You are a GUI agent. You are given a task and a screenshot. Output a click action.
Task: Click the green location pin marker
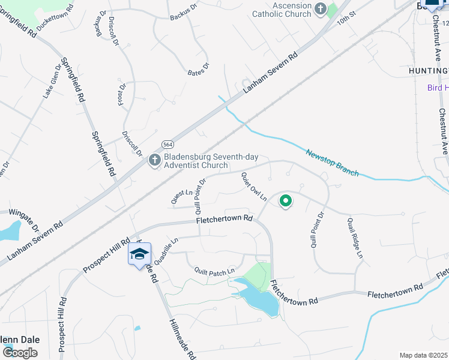pyautogui.click(x=286, y=202)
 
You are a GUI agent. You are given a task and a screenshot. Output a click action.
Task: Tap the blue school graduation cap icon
pyautogui.click(x=139, y=255)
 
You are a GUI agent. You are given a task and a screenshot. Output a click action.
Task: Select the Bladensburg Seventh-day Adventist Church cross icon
pyautogui.click(x=155, y=161)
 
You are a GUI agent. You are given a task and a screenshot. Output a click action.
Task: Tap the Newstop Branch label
pyautogui.click(x=333, y=163)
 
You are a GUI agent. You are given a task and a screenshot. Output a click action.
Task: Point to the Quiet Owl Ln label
pyautogui.click(x=254, y=187)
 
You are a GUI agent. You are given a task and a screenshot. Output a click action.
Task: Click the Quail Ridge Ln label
pyautogui.click(x=355, y=238)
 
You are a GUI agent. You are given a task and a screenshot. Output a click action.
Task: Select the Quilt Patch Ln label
pyautogui.click(x=214, y=271)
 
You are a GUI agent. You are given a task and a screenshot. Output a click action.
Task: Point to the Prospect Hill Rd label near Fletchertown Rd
pyautogui.click(x=107, y=256)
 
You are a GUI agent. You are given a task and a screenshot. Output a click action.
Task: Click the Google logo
pyautogui.click(x=20, y=353)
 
